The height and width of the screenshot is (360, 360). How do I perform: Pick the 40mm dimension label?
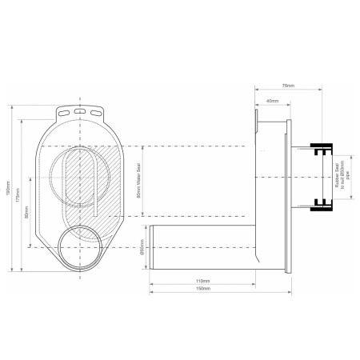tap(273, 101)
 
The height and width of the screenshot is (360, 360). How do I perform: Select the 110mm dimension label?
tap(202, 282)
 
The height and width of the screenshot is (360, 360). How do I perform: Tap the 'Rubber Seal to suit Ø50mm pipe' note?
tap(338, 180)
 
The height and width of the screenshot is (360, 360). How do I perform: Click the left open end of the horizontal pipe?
tap(150, 249)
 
